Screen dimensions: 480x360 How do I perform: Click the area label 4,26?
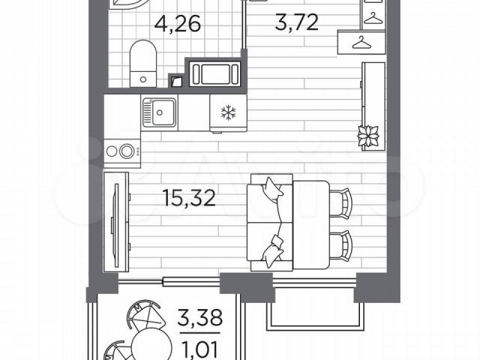point(178,24)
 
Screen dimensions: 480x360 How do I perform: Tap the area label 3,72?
point(297,22)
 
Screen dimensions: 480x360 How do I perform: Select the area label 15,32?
point(189,198)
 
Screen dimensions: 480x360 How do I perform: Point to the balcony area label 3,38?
point(199,318)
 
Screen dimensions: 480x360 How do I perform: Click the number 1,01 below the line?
point(199,350)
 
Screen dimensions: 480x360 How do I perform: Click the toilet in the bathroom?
point(143,63)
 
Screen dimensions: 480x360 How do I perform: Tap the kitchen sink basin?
point(159,112)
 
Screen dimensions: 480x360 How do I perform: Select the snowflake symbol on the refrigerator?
point(228,112)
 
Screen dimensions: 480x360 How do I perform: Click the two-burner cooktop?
point(121,151)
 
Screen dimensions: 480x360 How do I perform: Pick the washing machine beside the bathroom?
point(215,73)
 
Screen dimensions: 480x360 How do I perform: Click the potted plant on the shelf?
point(368,136)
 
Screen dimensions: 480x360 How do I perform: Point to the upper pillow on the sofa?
point(271,188)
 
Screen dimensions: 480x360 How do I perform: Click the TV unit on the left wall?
point(116,222)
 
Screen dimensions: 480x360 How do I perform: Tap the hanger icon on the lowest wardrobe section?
point(361,43)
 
